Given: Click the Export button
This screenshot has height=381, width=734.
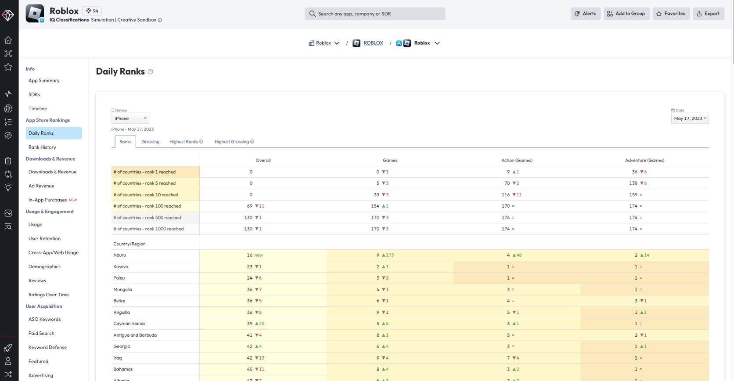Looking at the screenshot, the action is (708, 14).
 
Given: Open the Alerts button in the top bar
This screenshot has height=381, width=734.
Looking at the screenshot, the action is (585, 14).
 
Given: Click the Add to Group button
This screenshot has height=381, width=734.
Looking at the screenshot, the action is (626, 14).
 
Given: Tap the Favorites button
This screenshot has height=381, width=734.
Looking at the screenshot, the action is (671, 14).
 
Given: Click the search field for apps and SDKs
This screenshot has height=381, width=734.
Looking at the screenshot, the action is (375, 14).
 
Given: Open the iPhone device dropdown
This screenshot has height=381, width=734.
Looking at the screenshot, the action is (130, 118).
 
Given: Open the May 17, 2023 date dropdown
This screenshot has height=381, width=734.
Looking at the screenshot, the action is (690, 118).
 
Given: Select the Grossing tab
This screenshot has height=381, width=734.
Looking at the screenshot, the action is (151, 141).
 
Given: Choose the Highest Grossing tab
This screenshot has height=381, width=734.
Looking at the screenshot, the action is (234, 141).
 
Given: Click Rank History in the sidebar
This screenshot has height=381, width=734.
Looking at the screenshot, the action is (42, 147).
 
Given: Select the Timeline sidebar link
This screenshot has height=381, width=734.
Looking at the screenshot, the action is (38, 108).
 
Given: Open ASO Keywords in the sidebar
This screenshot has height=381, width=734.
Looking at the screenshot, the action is (45, 319).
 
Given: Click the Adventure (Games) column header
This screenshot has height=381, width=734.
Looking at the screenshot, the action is (644, 160).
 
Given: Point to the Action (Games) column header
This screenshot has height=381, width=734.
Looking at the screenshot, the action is (517, 160).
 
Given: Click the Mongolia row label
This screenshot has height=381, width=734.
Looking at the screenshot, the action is (123, 289).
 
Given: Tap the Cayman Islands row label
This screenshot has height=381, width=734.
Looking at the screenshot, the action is (130, 323).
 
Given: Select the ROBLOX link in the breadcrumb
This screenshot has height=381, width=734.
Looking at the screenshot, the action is (373, 43).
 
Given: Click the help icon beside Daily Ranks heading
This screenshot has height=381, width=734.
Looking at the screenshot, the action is (151, 72).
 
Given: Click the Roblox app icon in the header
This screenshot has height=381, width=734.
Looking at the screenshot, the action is (35, 14).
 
